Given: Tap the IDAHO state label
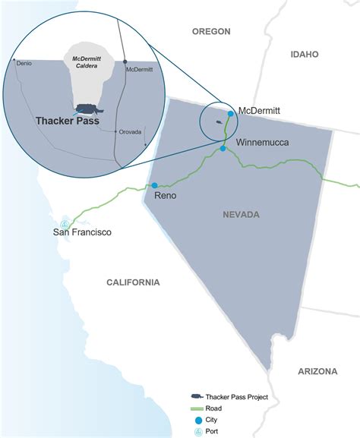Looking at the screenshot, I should click(304, 55).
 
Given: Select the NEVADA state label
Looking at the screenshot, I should click(241, 215).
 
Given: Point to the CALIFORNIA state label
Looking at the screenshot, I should click(133, 282).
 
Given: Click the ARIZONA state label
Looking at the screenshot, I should click(317, 371).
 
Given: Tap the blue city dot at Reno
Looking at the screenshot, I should click(154, 185).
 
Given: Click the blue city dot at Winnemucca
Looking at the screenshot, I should click(222, 149).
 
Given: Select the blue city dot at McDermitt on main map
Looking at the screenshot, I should click(230, 113).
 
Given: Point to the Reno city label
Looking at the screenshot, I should click(166, 196).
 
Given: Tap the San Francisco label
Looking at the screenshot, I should click(82, 232).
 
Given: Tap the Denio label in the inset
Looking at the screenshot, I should click(24, 63).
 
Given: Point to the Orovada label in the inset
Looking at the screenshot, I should click(130, 131).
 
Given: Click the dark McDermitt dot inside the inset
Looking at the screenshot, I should click(126, 62).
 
